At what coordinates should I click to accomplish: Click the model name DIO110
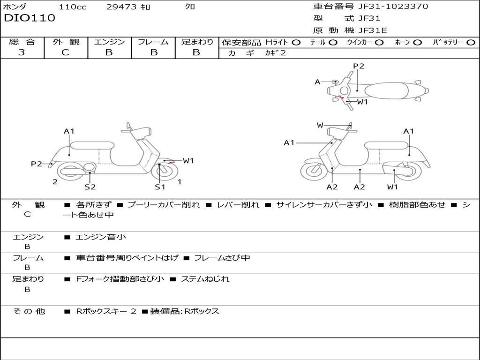(30, 18)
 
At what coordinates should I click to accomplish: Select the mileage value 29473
(122, 7)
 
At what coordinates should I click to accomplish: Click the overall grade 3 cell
(22, 52)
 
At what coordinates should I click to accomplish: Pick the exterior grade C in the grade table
(66, 52)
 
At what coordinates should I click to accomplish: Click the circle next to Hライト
(296, 42)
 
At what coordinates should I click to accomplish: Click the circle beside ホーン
(418, 42)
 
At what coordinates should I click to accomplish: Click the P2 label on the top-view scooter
(359, 66)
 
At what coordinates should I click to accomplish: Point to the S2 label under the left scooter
(90, 187)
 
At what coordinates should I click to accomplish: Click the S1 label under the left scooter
(160, 187)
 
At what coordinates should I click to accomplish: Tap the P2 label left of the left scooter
(37, 164)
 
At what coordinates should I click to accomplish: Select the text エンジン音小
(101, 237)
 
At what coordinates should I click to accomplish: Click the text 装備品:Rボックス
(184, 311)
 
